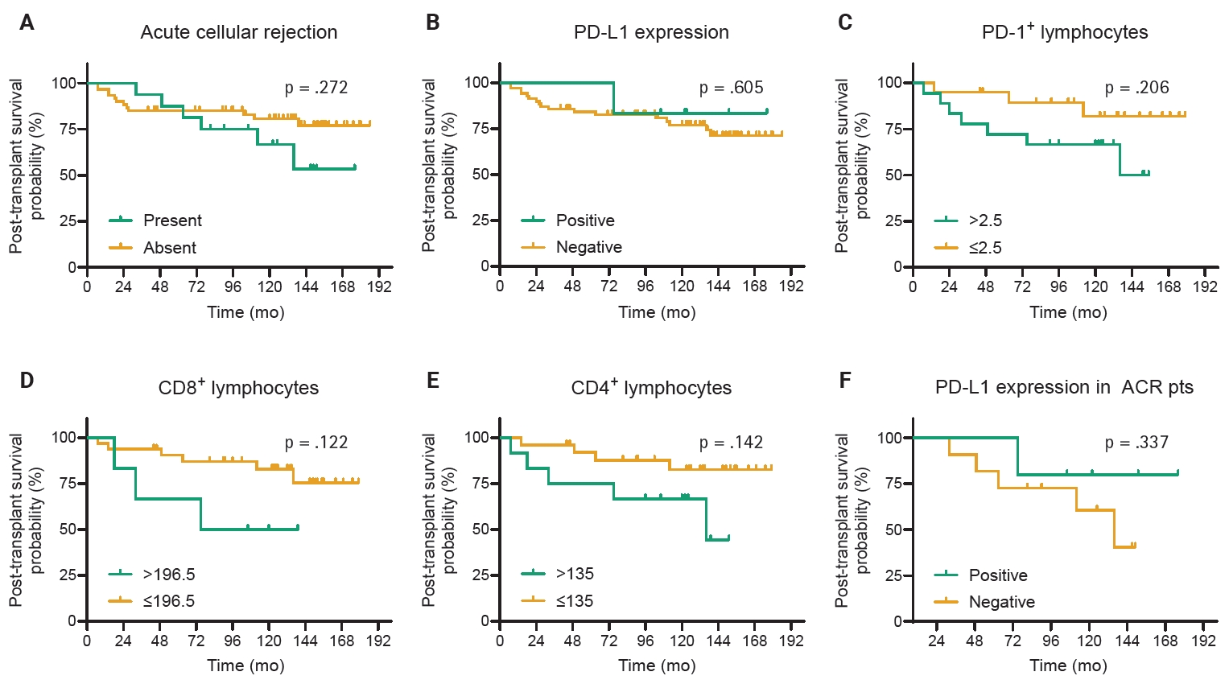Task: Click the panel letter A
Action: (x=27, y=23)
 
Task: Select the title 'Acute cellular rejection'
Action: (x=238, y=32)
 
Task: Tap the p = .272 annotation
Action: (x=316, y=88)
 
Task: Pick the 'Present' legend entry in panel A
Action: (x=172, y=220)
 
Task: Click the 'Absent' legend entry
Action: (x=169, y=248)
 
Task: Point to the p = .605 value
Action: (x=731, y=88)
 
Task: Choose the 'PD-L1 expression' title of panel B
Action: (x=651, y=32)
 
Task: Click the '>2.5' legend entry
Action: (x=985, y=220)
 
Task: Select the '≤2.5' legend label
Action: (x=985, y=248)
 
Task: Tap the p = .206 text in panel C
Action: (x=1136, y=88)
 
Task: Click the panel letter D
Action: (x=27, y=380)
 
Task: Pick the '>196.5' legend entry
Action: (x=169, y=575)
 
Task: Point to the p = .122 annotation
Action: (x=316, y=443)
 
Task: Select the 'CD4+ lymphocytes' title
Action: (x=651, y=388)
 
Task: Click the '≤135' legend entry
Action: (x=575, y=601)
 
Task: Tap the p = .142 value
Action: (x=731, y=443)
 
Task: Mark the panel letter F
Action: (x=844, y=380)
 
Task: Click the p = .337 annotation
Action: (x=1136, y=443)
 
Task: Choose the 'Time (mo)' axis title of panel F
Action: (x=1068, y=666)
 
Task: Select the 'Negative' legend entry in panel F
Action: (x=1001, y=602)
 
